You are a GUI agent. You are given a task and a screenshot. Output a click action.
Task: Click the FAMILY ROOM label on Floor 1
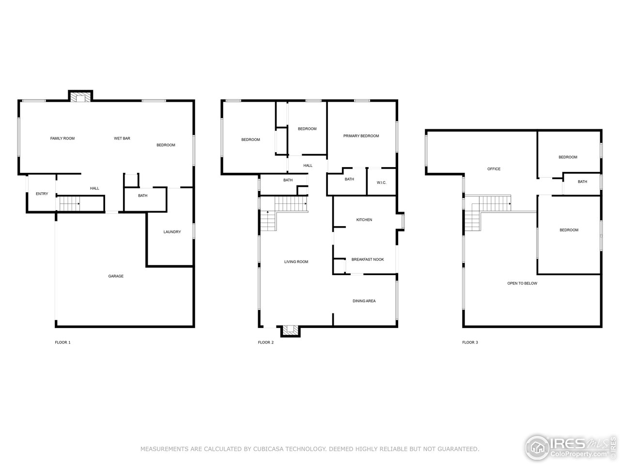(62, 139)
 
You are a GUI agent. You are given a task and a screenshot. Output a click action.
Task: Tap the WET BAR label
(122, 139)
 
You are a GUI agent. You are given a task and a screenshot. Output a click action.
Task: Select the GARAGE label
(116, 276)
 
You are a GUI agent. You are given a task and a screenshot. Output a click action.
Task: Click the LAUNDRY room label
(172, 232)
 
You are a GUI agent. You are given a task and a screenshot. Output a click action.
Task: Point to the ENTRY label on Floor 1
(42, 194)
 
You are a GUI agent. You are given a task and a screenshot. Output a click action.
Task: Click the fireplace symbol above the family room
(80, 97)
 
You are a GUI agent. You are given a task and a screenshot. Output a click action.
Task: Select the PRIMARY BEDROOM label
(361, 136)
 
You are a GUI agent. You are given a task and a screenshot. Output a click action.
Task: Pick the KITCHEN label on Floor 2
(364, 220)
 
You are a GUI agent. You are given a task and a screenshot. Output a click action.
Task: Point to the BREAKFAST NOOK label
(367, 260)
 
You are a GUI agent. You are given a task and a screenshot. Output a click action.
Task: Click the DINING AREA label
(364, 301)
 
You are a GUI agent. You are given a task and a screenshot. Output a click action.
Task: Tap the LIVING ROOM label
(296, 262)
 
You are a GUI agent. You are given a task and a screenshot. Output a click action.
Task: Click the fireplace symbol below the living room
(291, 330)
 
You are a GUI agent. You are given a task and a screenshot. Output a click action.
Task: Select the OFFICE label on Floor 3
(494, 169)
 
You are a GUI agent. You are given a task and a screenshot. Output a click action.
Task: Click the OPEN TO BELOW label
(522, 283)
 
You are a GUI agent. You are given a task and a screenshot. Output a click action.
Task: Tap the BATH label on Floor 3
(582, 182)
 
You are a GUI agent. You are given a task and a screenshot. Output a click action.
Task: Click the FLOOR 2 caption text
(266, 342)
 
